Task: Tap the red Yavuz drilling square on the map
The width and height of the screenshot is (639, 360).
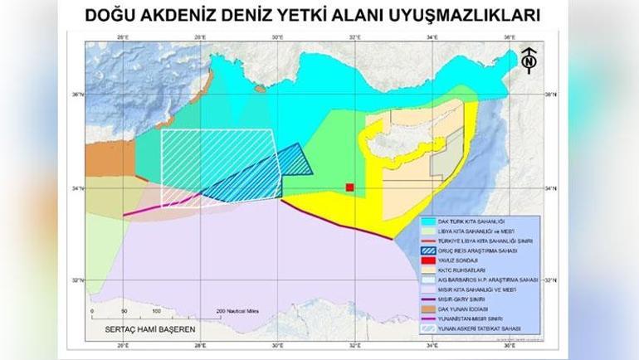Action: [350, 188]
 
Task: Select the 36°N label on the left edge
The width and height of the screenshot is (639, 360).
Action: [76, 95]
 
